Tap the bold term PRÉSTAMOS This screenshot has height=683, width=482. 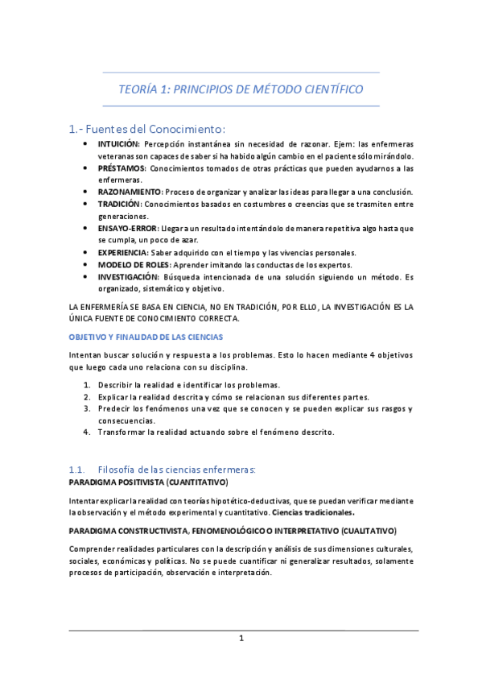pos(122,168)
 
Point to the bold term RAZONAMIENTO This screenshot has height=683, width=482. pos(130,192)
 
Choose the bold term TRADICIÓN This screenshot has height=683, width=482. pos(121,205)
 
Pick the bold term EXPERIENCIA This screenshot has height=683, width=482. pos(124,253)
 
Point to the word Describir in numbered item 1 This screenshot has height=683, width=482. pos(117,385)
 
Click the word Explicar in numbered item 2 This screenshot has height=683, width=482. pos(115,396)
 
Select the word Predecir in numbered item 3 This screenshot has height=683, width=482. pos(116,408)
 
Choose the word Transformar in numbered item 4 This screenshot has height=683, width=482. pos(122,432)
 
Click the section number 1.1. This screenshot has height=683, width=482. pos(77,469)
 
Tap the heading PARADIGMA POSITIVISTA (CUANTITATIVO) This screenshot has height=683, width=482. pos(148,482)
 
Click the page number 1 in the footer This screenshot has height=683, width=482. pos(241,639)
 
